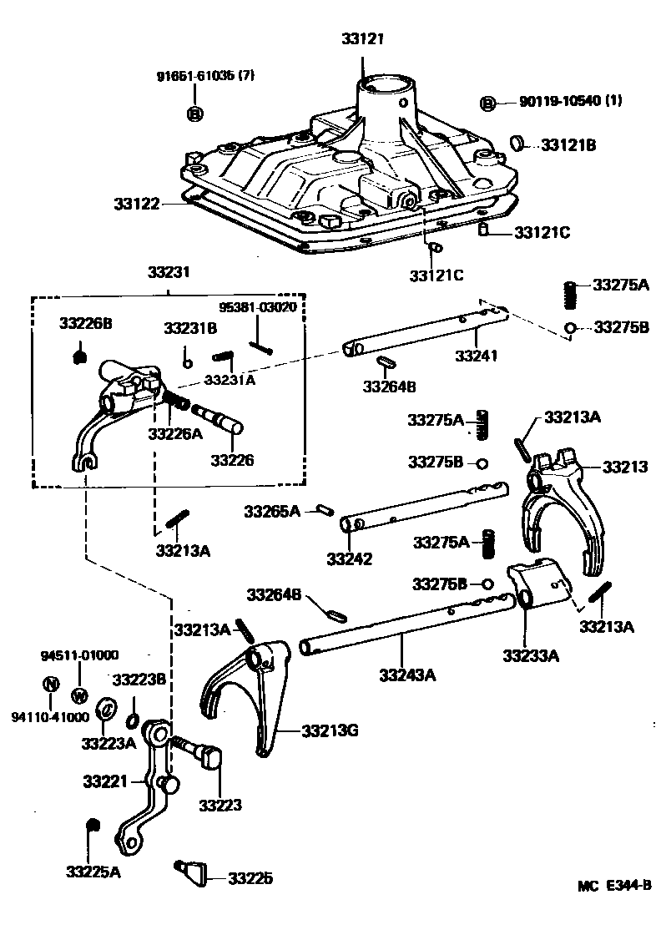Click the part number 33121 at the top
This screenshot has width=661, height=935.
pos(363,39)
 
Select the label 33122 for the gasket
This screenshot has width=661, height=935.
pos(138,203)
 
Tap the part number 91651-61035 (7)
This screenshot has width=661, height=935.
pos(204,76)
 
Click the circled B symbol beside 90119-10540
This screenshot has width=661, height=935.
pos(488,103)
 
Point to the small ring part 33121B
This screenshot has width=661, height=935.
pos(518,144)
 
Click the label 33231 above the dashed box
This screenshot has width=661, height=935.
pos(169,272)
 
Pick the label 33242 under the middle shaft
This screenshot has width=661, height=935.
pos(349,558)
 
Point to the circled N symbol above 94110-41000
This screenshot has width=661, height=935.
pos(50,685)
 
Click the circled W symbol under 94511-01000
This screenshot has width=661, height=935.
pos(80,695)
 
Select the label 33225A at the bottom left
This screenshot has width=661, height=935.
pos(93,872)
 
